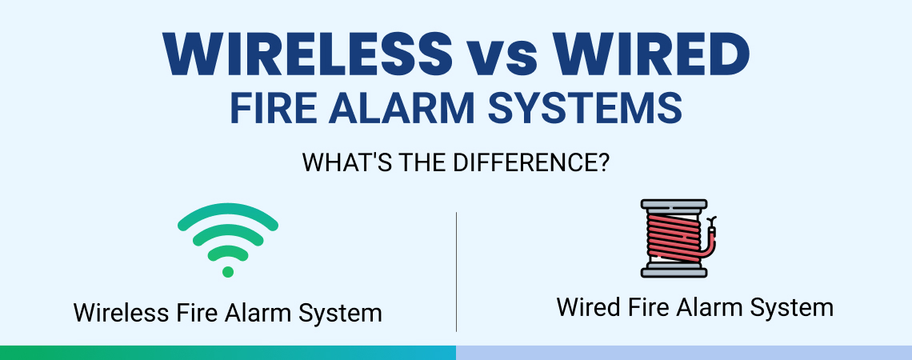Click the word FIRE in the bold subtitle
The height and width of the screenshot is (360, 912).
point(272,107)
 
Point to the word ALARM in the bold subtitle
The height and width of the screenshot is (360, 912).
point(403,107)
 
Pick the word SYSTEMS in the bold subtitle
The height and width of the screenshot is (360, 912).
point(585,107)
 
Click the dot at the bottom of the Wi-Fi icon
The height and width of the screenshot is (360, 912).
point(228,271)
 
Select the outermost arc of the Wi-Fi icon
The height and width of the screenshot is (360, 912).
point(228,210)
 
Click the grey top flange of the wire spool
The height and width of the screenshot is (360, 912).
point(674,204)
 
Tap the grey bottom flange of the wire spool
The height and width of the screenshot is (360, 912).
point(674,271)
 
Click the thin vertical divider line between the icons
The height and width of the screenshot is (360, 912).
point(456,271)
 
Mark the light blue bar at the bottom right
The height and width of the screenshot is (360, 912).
point(684,353)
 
